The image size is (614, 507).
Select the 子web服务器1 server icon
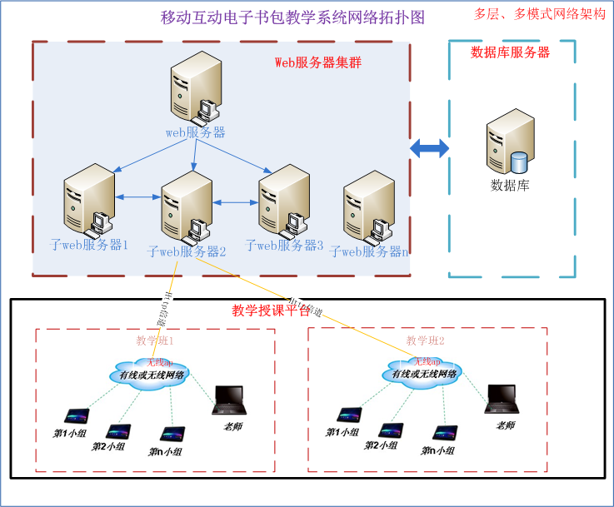pyautogui.click(x=87, y=200)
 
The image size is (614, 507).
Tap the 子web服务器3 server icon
pyautogui.click(x=283, y=200)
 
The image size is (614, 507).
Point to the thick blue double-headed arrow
pyautogui.click(x=430, y=148)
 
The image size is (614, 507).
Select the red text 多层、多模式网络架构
pyautogui.click(x=539, y=14)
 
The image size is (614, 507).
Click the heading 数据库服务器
pyautogui.click(x=510, y=52)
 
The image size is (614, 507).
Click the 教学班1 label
pyautogui.click(x=154, y=340)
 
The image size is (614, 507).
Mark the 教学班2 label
pyautogui.click(x=426, y=340)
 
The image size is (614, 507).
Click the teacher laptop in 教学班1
pyautogui.click(x=231, y=400)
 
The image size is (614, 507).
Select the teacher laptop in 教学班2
pyautogui.click(x=503, y=399)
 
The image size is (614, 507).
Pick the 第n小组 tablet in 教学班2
pyautogui.click(x=444, y=434)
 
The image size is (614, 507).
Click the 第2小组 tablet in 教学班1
pyautogui.click(x=117, y=431)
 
